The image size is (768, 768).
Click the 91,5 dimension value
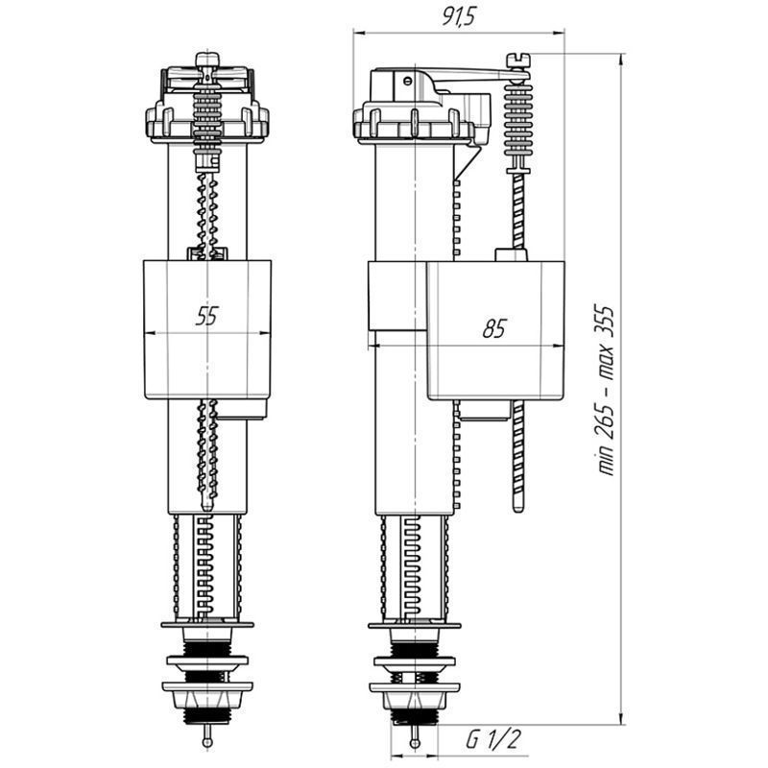click(459, 17)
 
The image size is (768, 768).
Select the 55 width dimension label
click(206, 316)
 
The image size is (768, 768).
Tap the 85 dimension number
click(493, 328)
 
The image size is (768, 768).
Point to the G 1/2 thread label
click(492, 739)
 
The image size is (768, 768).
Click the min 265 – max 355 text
click(605, 391)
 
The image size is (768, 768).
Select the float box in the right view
click(495, 330)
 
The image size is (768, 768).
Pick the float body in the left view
click(207, 329)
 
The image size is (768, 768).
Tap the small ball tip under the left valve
click(207, 742)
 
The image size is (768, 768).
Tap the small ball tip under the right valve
click(415, 743)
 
